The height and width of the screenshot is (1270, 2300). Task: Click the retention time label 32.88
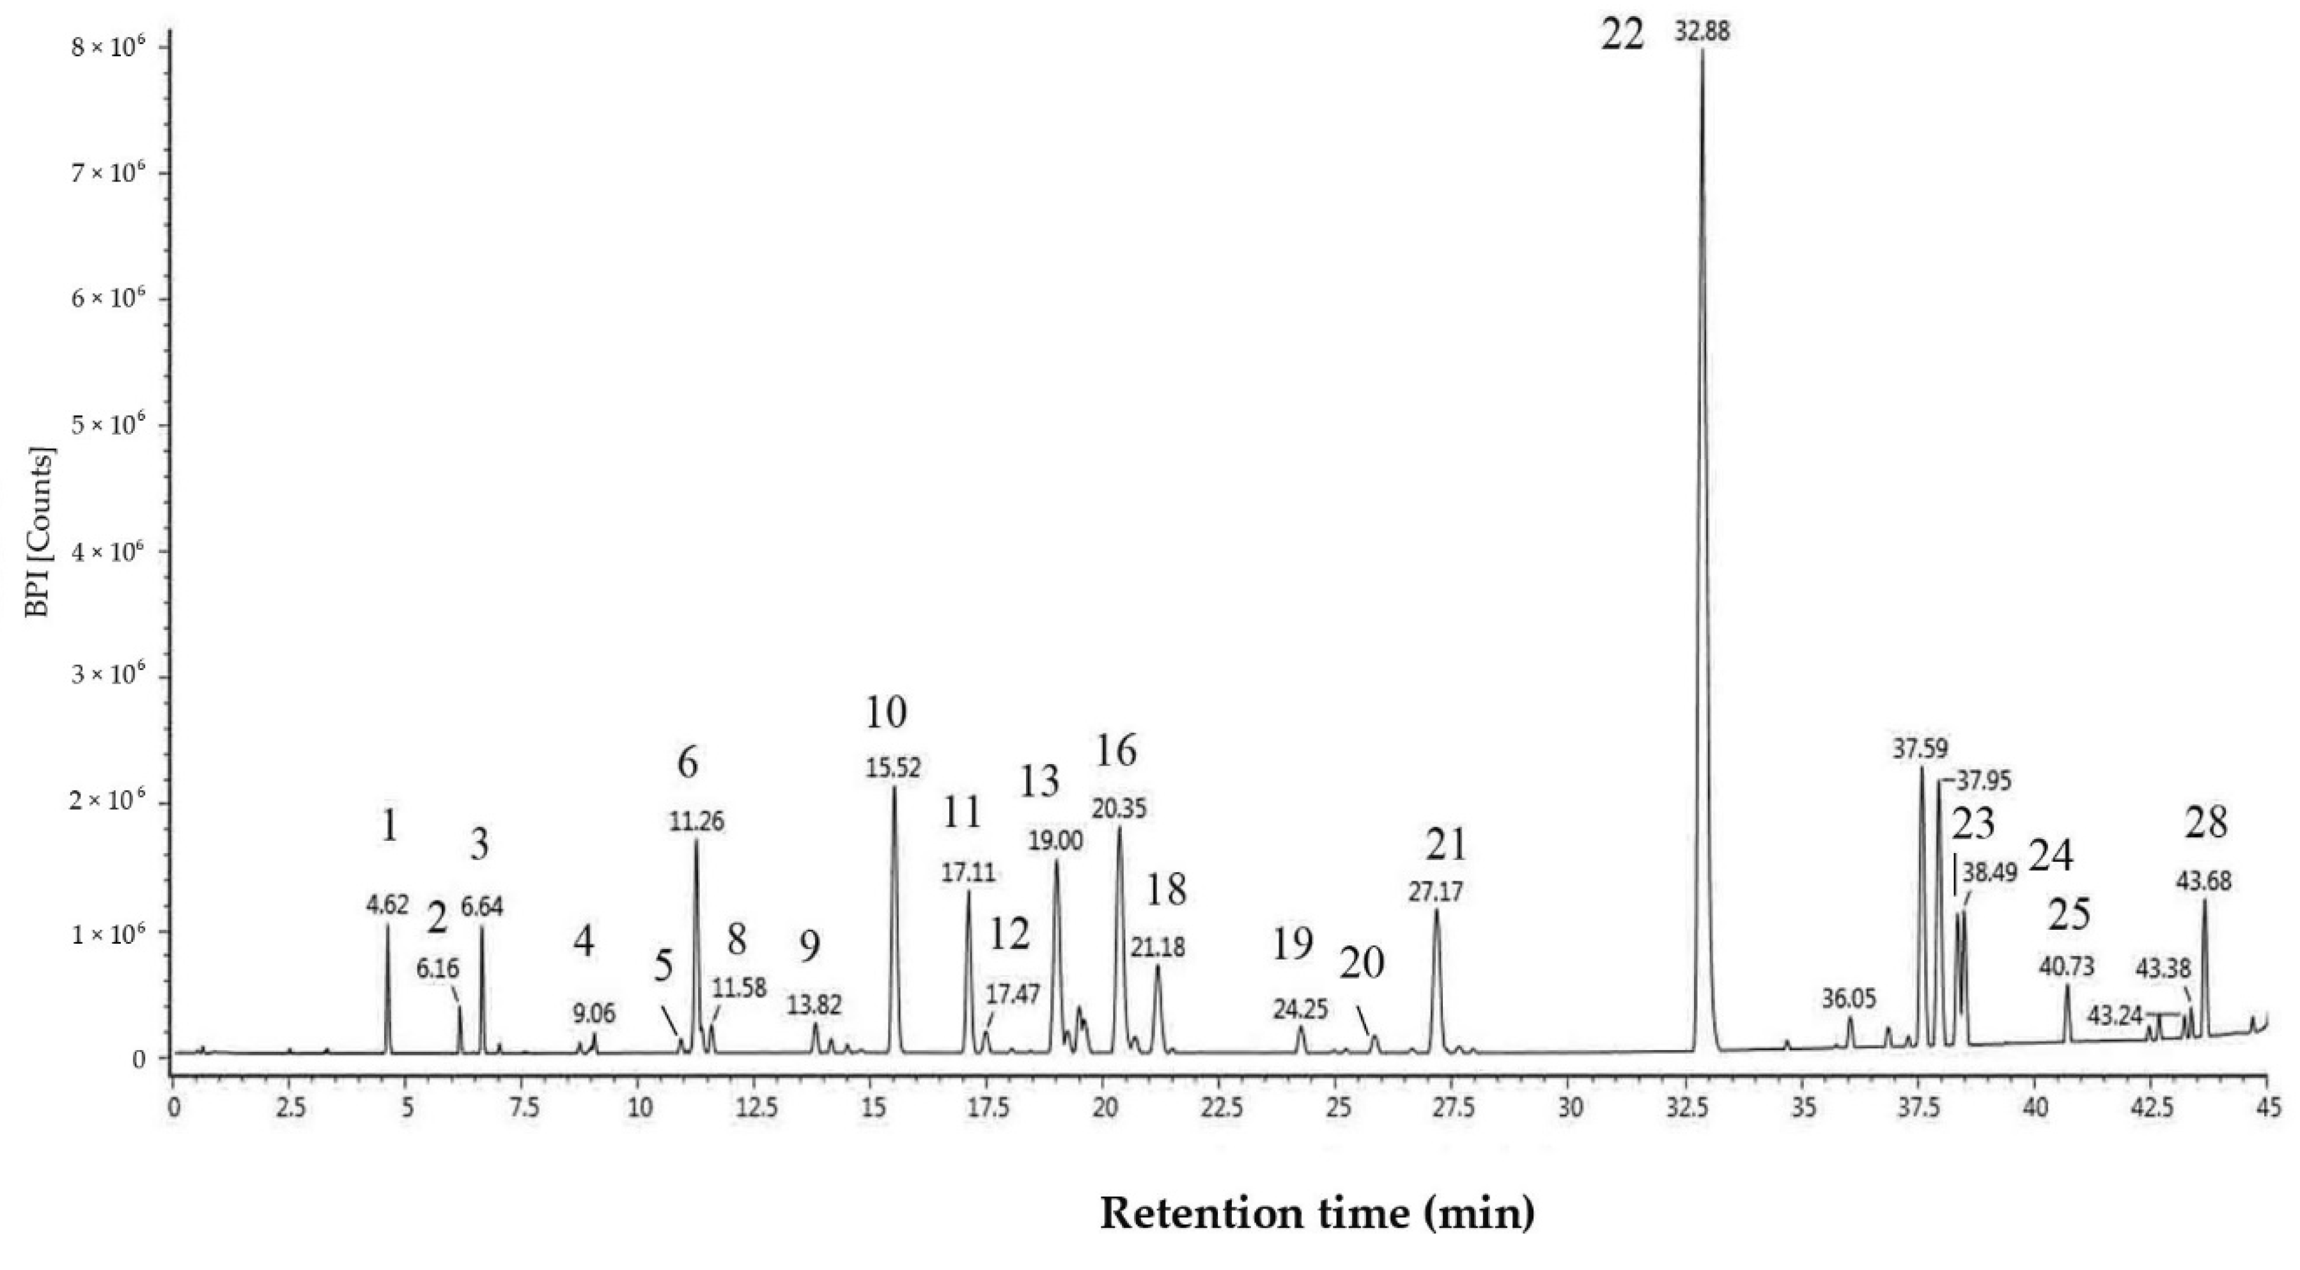click(1702, 32)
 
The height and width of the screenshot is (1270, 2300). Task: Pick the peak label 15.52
click(893, 768)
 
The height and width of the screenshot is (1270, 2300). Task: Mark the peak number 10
click(886, 713)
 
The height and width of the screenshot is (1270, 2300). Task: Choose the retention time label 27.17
click(1436, 891)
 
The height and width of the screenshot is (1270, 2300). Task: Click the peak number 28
click(2206, 822)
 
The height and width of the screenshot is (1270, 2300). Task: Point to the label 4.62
click(387, 905)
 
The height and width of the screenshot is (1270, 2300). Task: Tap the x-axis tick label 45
click(2267, 1108)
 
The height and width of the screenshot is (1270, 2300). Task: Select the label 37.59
click(1920, 748)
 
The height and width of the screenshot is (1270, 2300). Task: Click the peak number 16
click(1116, 752)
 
